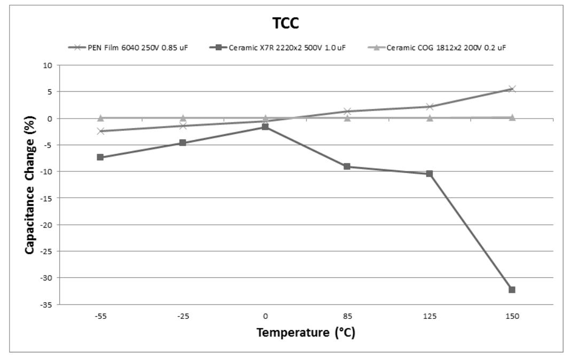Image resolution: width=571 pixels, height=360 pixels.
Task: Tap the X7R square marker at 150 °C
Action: [x=512, y=289]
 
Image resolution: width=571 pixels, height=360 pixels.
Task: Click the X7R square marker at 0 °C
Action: [x=265, y=127]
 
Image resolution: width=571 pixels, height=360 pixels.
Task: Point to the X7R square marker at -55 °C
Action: [x=100, y=157]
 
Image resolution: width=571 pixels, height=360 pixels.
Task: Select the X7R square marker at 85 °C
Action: [x=347, y=166]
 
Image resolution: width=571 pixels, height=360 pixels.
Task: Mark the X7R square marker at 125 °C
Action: [x=429, y=174]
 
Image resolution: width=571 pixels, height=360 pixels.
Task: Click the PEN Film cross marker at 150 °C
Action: [x=512, y=89]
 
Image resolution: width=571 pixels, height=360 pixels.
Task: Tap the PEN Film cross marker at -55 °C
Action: [x=100, y=131]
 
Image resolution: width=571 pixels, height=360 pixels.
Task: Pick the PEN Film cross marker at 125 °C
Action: [x=429, y=106]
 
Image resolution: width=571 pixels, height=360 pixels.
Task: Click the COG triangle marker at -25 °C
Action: [x=183, y=118]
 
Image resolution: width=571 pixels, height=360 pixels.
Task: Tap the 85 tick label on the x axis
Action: [x=347, y=316]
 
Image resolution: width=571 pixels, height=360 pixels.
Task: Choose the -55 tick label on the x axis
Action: [x=100, y=316]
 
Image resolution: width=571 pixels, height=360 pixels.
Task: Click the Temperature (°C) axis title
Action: [x=306, y=333]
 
